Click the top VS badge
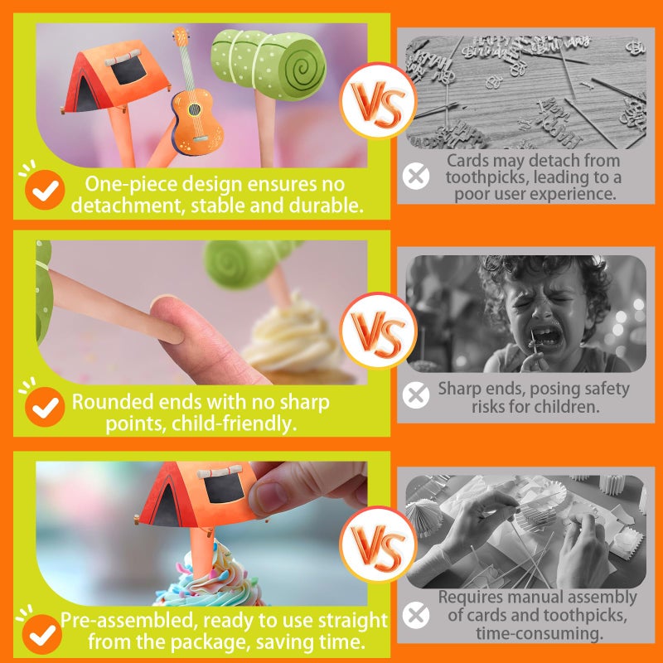[378, 100]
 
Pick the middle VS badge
[378, 330]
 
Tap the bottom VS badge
[378, 544]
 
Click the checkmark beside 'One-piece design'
[45, 190]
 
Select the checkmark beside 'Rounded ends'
[45, 407]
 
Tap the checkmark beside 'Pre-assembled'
[42, 634]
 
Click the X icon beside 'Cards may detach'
[416, 176]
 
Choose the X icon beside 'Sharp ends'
[416, 395]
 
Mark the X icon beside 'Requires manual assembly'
[416, 615]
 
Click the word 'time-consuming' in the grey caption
[540, 633]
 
